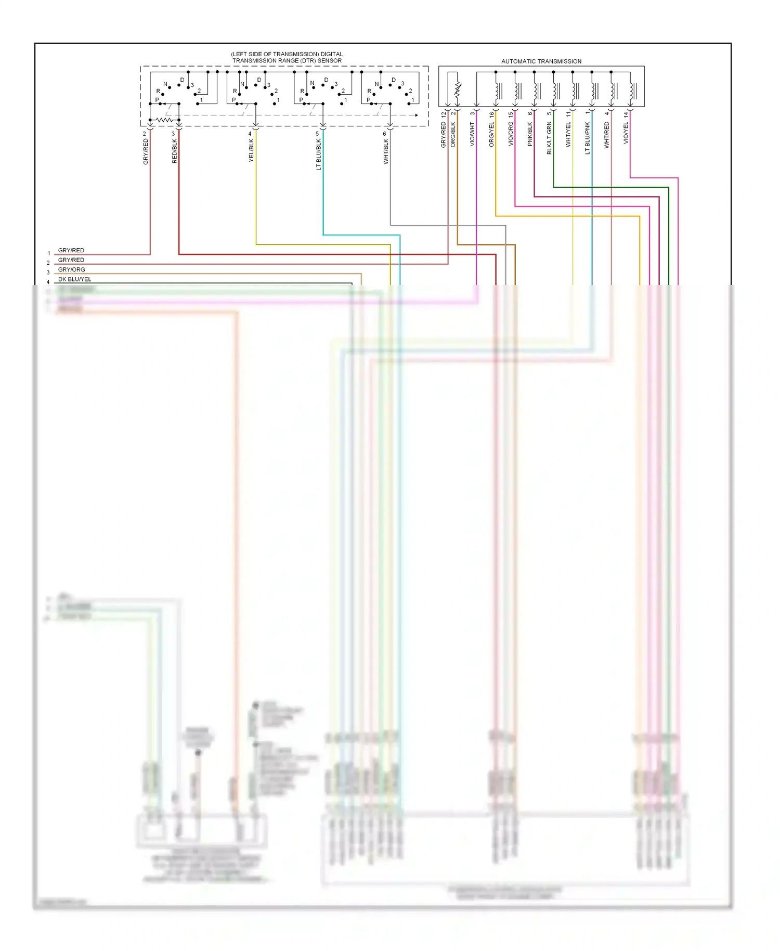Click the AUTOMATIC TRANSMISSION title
(x=541, y=61)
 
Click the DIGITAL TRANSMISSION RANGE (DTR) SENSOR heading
(x=287, y=57)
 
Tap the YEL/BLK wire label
(x=251, y=150)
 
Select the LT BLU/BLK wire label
(x=319, y=155)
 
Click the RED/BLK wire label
(x=175, y=151)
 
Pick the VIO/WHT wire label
(x=472, y=134)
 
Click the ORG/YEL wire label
(x=491, y=134)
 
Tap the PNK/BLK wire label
(x=530, y=134)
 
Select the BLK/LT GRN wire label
(x=549, y=138)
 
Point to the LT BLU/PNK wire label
(x=588, y=138)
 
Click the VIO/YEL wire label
(x=626, y=133)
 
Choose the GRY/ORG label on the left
(x=71, y=269)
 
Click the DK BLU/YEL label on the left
(x=74, y=279)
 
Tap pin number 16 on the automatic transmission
(x=491, y=114)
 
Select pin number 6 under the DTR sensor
(x=385, y=134)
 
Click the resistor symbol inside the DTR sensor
(x=164, y=120)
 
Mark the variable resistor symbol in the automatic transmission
(x=458, y=89)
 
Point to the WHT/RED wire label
(x=607, y=135)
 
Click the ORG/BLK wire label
(x=453, y=134)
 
